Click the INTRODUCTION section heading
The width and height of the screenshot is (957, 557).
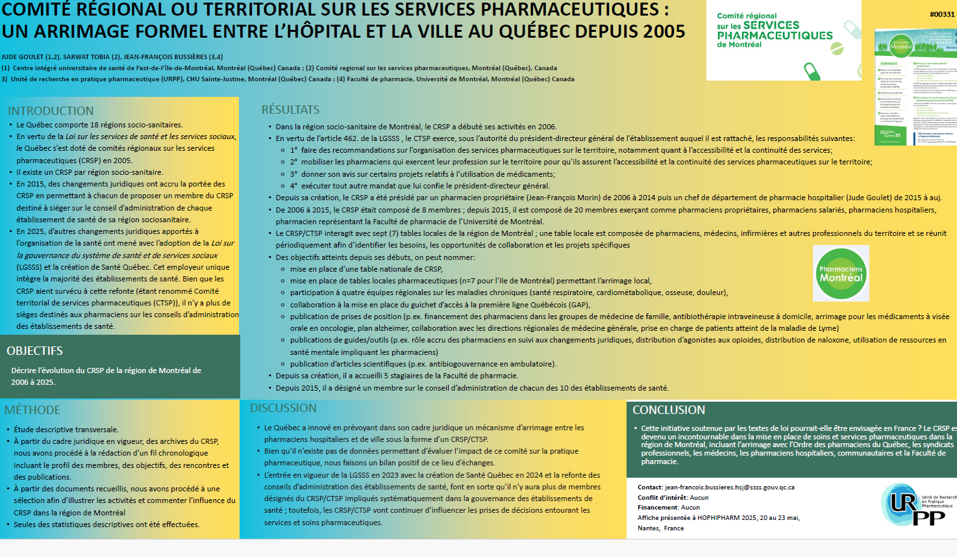point(51,111)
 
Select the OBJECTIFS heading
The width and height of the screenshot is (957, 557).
point(34,351)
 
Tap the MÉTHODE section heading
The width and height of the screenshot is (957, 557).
point(32,410)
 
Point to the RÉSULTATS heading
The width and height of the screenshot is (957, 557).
point(290,110)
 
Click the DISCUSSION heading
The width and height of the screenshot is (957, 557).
point(283,408)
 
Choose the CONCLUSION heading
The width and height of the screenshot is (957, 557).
point(669,410)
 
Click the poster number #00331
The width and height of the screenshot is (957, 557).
point(942,14)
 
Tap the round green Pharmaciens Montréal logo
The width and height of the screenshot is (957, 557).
point(841,274)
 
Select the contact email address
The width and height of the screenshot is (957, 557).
point(729,487)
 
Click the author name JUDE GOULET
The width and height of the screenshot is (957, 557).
point(22,57)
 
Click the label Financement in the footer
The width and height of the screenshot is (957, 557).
point(658,508)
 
